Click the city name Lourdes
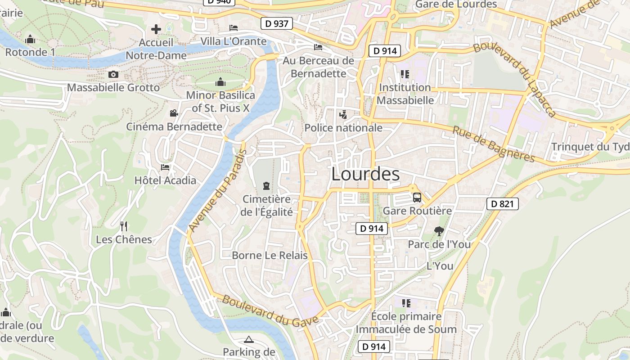pyautogui.click(x=365, y=174)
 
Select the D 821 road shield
pyautogui.click(x=503, y=204)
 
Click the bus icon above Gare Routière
pyautogui.click(x=417, y=197)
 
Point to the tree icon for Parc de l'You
pyautogui.click(x=439, y=231)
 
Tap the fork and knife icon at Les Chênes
pyautogui.click(x=124, y=226)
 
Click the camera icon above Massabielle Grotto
pyautogui.click(x=113, y=74)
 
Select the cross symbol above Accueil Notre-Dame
pyautogui.click(x=156, y=29)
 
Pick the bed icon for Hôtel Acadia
pyautogui.click(x=165, y=167)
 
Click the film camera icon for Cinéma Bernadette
pyautogui.click(x=174, y=113)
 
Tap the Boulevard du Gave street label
pyautogui.click(x=270, y=310)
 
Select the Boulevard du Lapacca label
pyautogui.click(x=515, y=79)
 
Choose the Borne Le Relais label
pyautogui.click(x=270, y=256)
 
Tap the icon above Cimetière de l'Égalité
pyautogui.click(x=267, y=186)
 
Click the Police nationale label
pyautogui.click(x=343, y=128)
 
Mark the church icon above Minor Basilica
pyautogui.click(x=220, y=82)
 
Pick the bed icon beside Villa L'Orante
pyautogui.click(x=234, y=28)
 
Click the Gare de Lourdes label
pyautogui.click(x=456, y=4)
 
